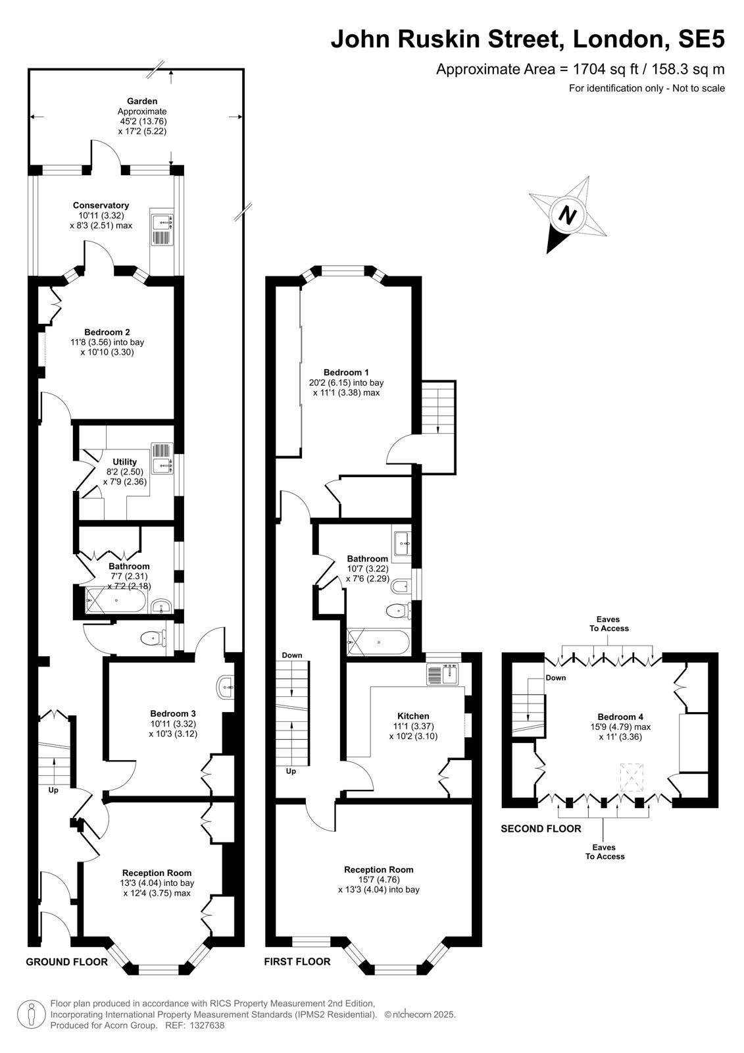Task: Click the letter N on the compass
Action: point(568,216)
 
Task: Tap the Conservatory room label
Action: point(101,205)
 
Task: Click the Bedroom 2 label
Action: point(107,332)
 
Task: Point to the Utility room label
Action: point(124,461)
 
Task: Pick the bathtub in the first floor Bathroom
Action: point(378,642)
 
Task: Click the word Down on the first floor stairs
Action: point(292,655)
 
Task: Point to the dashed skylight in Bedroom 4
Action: point(632,778)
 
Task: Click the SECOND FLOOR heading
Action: point(541,829)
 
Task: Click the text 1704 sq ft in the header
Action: point(606,69)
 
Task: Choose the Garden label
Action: point(142,101)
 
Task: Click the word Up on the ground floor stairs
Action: point(53,790)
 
